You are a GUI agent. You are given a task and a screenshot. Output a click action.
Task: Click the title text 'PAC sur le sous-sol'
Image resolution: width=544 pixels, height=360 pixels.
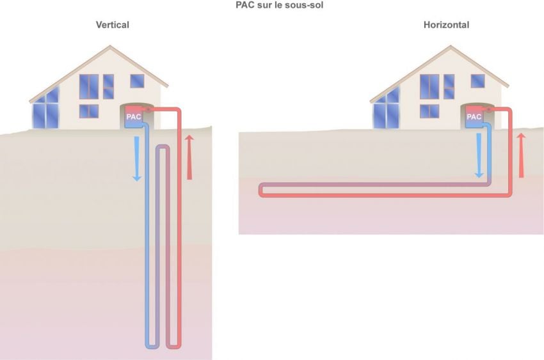271,6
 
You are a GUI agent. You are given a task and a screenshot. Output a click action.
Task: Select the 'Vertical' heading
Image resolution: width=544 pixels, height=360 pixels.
113,25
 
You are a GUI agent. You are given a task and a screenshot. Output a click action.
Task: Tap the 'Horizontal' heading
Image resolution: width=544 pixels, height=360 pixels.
446,25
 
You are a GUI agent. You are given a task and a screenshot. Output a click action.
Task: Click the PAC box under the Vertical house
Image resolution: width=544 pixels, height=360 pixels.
134,118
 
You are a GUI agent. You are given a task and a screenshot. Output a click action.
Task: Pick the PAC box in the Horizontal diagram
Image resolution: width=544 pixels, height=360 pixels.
474,118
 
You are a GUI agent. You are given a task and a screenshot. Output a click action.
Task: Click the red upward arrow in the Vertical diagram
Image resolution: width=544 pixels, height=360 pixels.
189,157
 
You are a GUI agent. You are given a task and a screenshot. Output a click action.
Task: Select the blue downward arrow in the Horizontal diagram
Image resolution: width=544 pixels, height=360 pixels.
478,157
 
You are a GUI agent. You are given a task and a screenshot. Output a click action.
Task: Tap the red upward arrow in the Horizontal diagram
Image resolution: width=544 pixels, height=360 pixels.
520,155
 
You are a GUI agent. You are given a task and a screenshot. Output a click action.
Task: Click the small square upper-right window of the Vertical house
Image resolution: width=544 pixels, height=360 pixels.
137,81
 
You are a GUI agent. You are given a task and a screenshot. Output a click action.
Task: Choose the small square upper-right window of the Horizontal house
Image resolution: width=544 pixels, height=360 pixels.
477,81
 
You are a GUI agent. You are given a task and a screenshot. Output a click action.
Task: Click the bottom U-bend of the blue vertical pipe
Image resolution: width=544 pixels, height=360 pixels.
152,346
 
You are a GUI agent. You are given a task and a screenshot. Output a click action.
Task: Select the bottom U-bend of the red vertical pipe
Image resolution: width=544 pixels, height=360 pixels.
173,346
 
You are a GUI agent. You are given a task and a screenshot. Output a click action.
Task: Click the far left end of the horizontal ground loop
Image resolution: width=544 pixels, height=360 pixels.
261,190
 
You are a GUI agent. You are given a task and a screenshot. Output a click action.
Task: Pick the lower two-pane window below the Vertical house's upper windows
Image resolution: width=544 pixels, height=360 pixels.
89,111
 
